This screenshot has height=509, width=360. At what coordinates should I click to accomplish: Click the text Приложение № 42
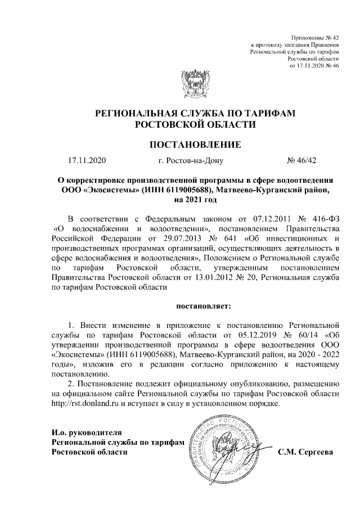pos(317,36)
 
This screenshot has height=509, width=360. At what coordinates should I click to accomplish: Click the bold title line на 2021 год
pos(195,199)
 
